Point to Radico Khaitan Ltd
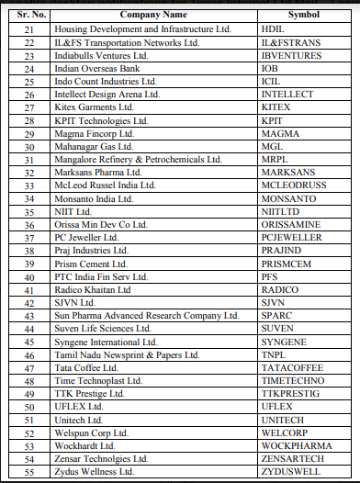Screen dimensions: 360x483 (x=123, y=289)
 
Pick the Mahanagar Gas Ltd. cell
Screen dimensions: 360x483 (x=123, y=146)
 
